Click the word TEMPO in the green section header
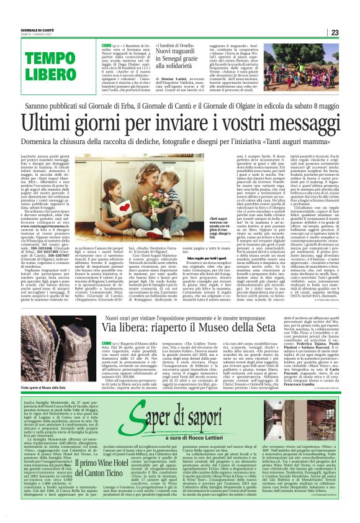click(34, 58)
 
